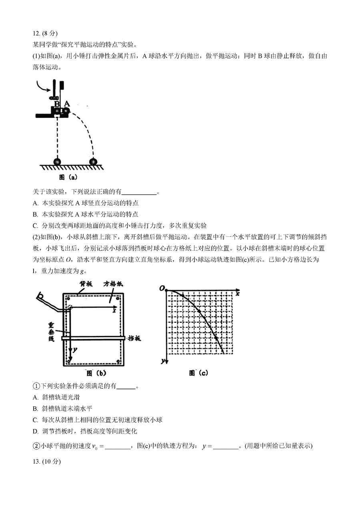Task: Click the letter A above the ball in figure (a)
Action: pyautogui.click(x=67, y=103)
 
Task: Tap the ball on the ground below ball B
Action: pyautogui.click(x=58, y=162)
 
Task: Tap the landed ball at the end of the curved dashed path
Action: pyautogui.click(x=93, y=162)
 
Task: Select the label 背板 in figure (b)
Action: pyautogui.click(x=86, y=283)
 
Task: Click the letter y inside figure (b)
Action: pyautogui.click(x=75, y=349)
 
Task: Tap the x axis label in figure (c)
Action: pyautogui.click(x=237, y=293)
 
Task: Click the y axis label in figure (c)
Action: pyautogui.click(x=163, y=361)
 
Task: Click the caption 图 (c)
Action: pyautogui.click(x=198, y=373)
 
